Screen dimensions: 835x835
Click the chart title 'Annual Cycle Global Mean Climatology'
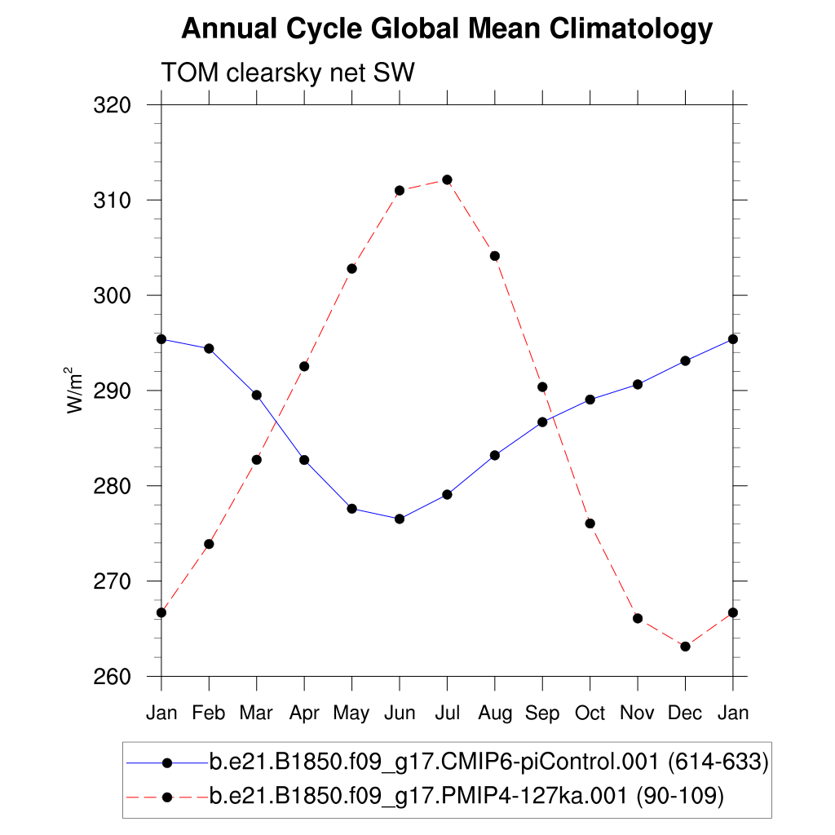447,30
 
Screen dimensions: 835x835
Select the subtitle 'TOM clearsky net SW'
288,73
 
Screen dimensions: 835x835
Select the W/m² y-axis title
75,391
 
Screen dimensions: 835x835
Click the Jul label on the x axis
447,714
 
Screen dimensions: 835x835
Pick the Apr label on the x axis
304,714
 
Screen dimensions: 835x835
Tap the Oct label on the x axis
590,714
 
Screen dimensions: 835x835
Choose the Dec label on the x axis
685,714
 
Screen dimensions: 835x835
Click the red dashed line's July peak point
447,179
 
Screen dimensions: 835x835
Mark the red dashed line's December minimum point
685,647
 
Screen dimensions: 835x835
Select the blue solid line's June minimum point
400,519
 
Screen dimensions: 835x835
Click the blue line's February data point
209,348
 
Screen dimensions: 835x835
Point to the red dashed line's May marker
351,268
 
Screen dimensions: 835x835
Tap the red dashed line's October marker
590,524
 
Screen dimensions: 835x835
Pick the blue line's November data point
638,384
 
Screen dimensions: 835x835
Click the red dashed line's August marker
494,256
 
